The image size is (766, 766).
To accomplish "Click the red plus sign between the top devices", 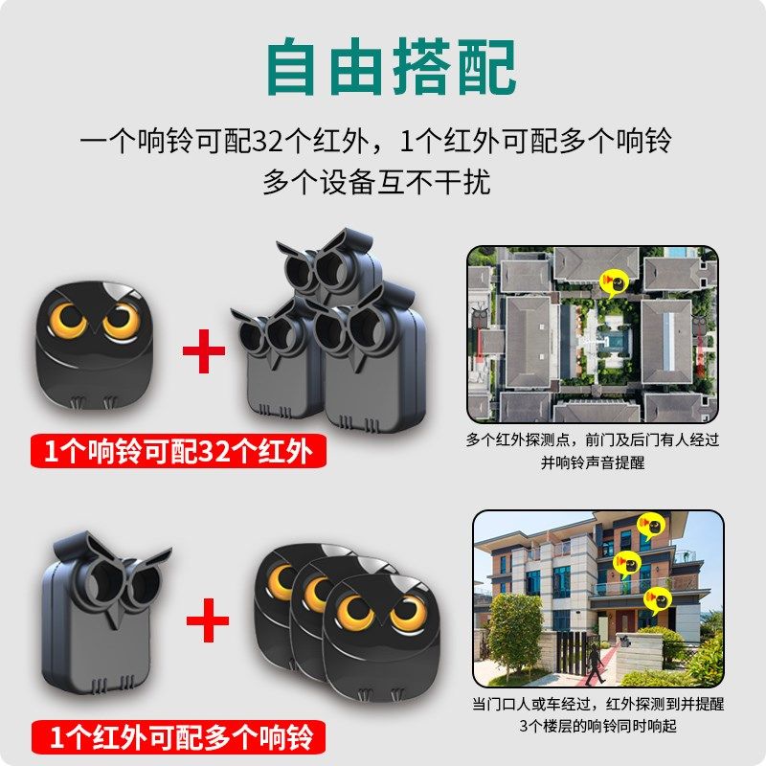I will pyautogui.click(x=204, y=351).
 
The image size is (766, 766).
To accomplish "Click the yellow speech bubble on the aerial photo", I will pyautogui.click(x=613, y=281).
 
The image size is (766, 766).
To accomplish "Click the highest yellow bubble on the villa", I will pyautogui.click(x=650, y=525).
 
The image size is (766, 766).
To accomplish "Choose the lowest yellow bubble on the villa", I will pyautogui.click(x=656, y=600).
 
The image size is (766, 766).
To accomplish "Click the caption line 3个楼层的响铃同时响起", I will pyautogui.click(x=598, y=725).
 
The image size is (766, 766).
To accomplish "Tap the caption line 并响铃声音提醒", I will pyautogui.click(x=592, y=461).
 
